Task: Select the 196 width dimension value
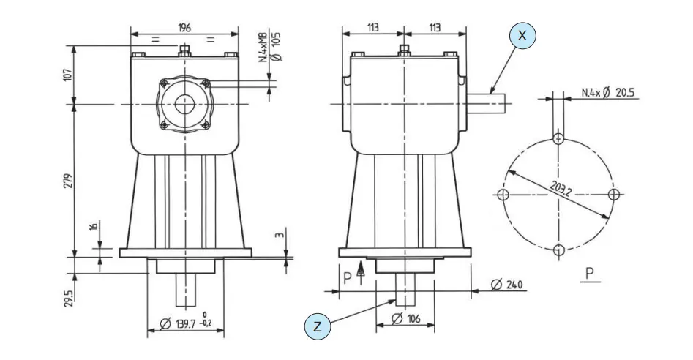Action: pos(184,28)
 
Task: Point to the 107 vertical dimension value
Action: pos(67,75)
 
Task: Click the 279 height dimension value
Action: pos(67,179)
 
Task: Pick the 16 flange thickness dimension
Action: pos(93,227)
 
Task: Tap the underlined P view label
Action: pos(589,274)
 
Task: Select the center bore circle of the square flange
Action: pos(185,104)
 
